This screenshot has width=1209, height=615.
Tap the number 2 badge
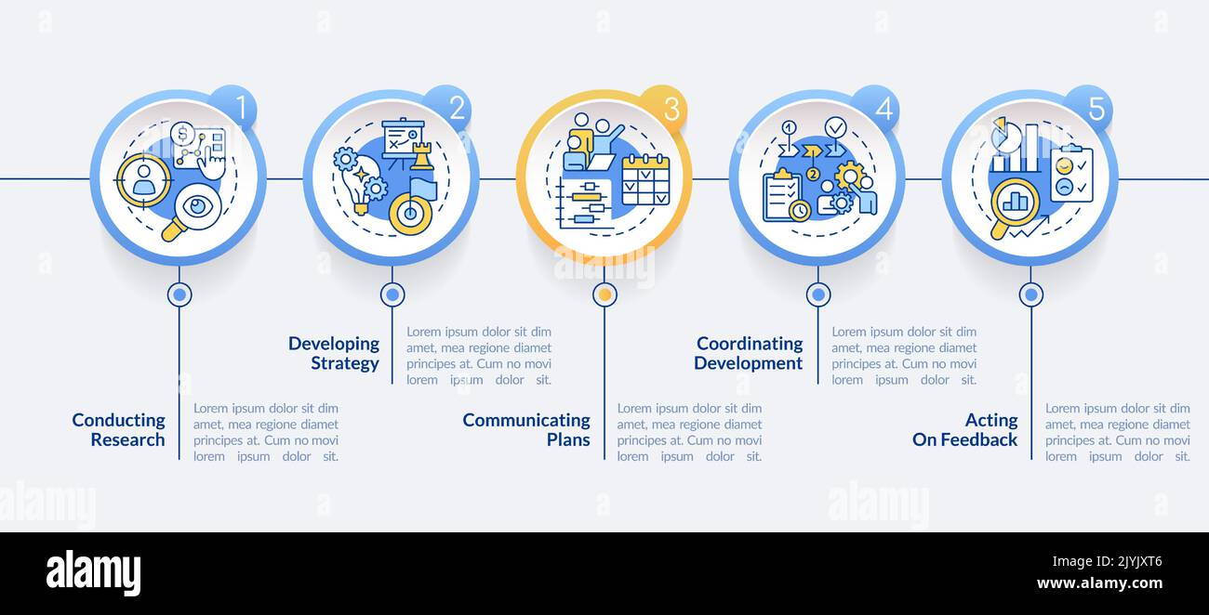coord(455,108)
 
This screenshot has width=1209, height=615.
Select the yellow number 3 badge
coord(669,108)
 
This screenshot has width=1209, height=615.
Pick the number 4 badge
coord(882,108)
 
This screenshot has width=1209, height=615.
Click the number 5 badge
coord(1095,108)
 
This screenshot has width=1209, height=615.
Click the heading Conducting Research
coord(119,430)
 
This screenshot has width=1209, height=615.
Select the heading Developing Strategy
coord(334,354)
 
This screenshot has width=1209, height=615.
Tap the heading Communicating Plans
coord(526,430)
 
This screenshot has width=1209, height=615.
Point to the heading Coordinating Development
coord(749,354)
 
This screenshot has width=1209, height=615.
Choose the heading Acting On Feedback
coord(965,430)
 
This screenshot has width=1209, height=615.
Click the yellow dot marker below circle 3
coord(604,294)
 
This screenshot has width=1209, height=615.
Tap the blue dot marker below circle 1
coord(179,294)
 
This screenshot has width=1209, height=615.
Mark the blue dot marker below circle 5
coord(1030,294)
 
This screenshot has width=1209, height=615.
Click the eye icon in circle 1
coord(197,206)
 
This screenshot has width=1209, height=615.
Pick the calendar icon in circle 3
coord(645,179)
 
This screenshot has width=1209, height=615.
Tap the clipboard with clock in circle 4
coord(783,197)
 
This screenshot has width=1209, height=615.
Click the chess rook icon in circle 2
coord(422,155)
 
